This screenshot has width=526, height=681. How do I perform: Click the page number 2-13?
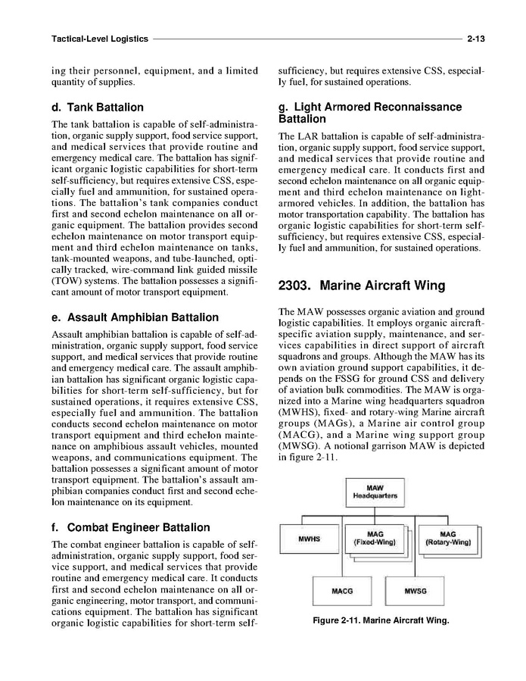click(x=476, y=38)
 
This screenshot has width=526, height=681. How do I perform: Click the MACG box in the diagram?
click(x=342, y=589)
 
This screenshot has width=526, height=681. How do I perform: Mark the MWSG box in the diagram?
click(x=416, y=589)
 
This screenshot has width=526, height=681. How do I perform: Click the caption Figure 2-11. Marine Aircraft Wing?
click(x=381, y=621)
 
